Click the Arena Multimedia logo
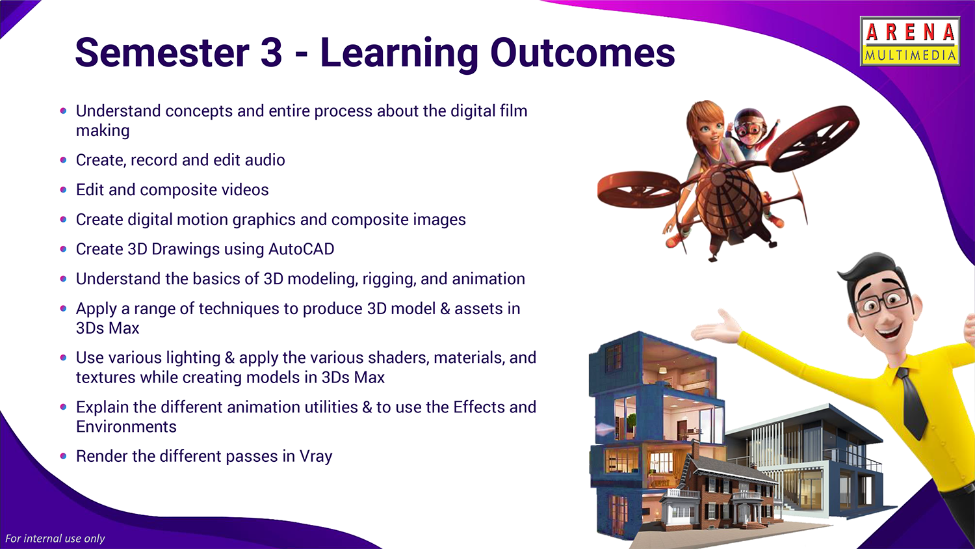(x=910, y=42)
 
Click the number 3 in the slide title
(x=271, y=52)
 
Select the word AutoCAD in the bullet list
(x=301, y=248)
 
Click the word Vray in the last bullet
(x=315, y=457)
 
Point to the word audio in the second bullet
(x=265, y=160)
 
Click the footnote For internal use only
(x=55, y=539)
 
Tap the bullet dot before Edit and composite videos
(x=64, y=190)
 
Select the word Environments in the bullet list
(x=126, y=427)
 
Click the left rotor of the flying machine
(x=638, y=189)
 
